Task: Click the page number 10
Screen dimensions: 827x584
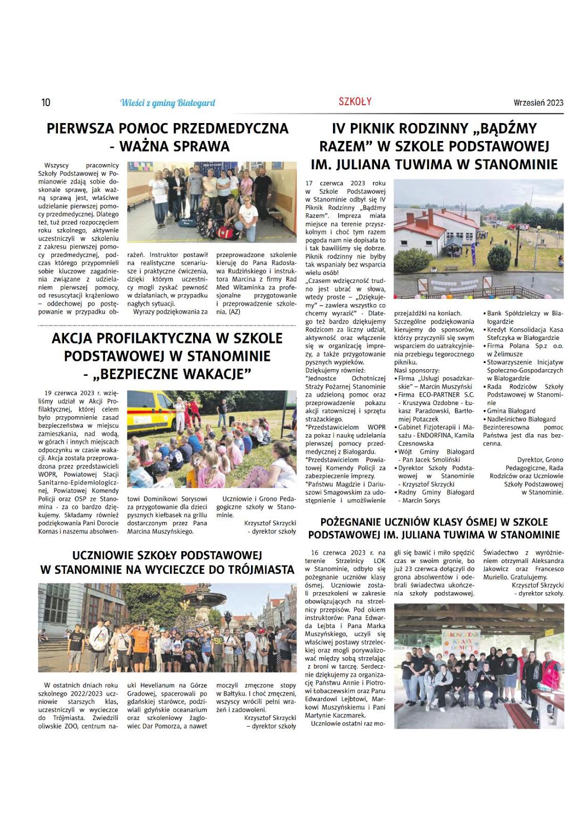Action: click(46, 103)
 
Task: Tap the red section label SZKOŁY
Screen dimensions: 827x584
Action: click(355, 102)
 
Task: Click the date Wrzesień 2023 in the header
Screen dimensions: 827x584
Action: click(538, 103)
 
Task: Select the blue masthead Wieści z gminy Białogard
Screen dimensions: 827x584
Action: click(168, 103)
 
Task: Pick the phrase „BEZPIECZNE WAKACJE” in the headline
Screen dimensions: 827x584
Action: click(172, 374)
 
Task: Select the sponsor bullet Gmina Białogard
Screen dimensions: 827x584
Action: click(511, 411)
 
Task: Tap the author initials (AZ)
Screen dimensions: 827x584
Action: click(234, 311)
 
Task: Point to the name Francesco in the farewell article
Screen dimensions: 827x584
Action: click(549, 569)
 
